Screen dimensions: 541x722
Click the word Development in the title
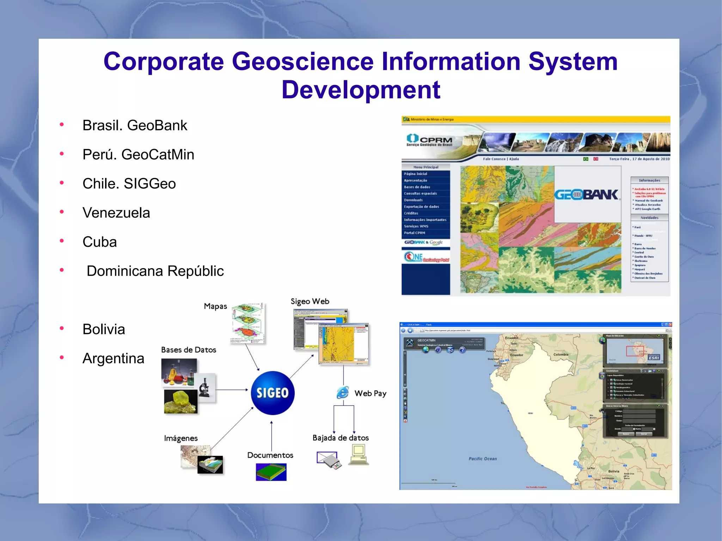coord(361,90)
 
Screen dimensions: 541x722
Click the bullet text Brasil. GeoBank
coord(135,125)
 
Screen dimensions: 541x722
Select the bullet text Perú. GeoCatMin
coord(138,155)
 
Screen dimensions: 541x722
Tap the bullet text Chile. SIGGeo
coord(129,184)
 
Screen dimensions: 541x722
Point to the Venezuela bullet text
coord(116,213)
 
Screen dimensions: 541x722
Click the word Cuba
coord(99,242)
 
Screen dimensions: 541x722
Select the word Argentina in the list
coord(113,358)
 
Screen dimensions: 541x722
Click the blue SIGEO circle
coord(273,393)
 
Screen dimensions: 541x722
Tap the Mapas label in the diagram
coord(215,306)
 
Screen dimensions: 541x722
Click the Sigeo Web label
coord(310,301)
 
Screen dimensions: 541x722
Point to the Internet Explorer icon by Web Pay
coord(342,393)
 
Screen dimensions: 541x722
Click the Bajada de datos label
coord(341,438)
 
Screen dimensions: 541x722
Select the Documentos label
coord(270,455)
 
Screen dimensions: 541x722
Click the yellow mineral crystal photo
coord(180,401)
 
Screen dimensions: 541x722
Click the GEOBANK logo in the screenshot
coord(586,195)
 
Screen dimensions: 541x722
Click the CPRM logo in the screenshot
coord(429,140)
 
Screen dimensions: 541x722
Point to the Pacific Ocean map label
coord(483,459)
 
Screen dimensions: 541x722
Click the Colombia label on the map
coord(561,355)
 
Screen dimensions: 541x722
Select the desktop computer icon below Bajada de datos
coord(359,455)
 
